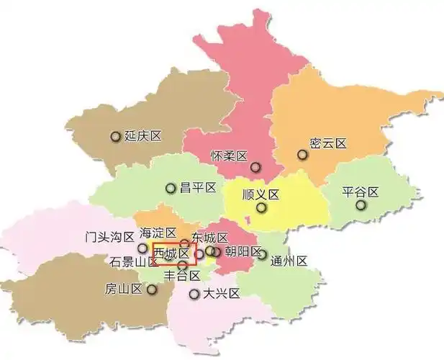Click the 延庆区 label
coord(142,136)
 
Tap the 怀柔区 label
coord(229,156)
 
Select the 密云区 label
coord(327,144)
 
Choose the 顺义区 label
coord(260,194)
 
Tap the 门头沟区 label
coord(109,236)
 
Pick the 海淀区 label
coord(158,233)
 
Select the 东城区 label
coord(210,238)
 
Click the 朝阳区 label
coord(243,251)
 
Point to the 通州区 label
coord(289,261)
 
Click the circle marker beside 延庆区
coord(115,136)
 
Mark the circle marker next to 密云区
coord(302,153)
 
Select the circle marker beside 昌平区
coord(171,189)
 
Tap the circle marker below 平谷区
coord(360,205)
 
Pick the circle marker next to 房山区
coord(152,289)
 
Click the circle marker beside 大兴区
coord(194,294)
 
